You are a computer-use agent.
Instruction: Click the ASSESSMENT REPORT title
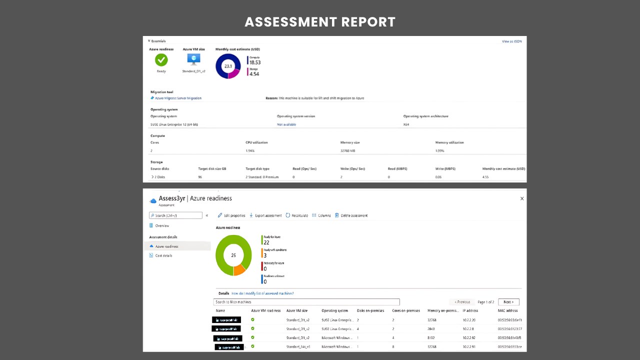pyautogui.click(x=320, y=22)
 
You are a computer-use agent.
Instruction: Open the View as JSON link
pyautogui.click(x=511, y=41)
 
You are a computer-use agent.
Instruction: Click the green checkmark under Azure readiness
pyautogui.click(x=161, y=60)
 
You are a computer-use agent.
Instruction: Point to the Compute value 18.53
pyautogui.click(x=255, y=62)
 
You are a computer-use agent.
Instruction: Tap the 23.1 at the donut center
pyautogui.click(x=228, y=66)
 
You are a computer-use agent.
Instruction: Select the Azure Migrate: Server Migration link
pyautogui.click(x=178, y=98)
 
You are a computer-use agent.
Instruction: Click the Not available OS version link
pyautogui.click(x=286, y=124)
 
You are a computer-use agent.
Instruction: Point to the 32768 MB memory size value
pyautogui.click(x=347, y=150)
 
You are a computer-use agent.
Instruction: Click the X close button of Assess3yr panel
pyautogui.click(x=522, y=198)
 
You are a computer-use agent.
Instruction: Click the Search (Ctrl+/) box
pyautogui.click(x=175, y=215)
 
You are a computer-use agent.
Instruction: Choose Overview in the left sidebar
pyautogui.click(x=162, y=226)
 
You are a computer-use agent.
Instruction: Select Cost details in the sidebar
pyautogui.click(x=163, y=255)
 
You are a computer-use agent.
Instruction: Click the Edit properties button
pyautogui.click(x=231, y=215)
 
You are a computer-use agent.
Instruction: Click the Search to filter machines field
pyautogui.click(x=306, y=302)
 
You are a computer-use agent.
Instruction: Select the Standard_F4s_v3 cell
pyautogui.click(x=298, y=346)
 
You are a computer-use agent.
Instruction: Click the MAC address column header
pyautogui.click(x=507, y=310)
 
